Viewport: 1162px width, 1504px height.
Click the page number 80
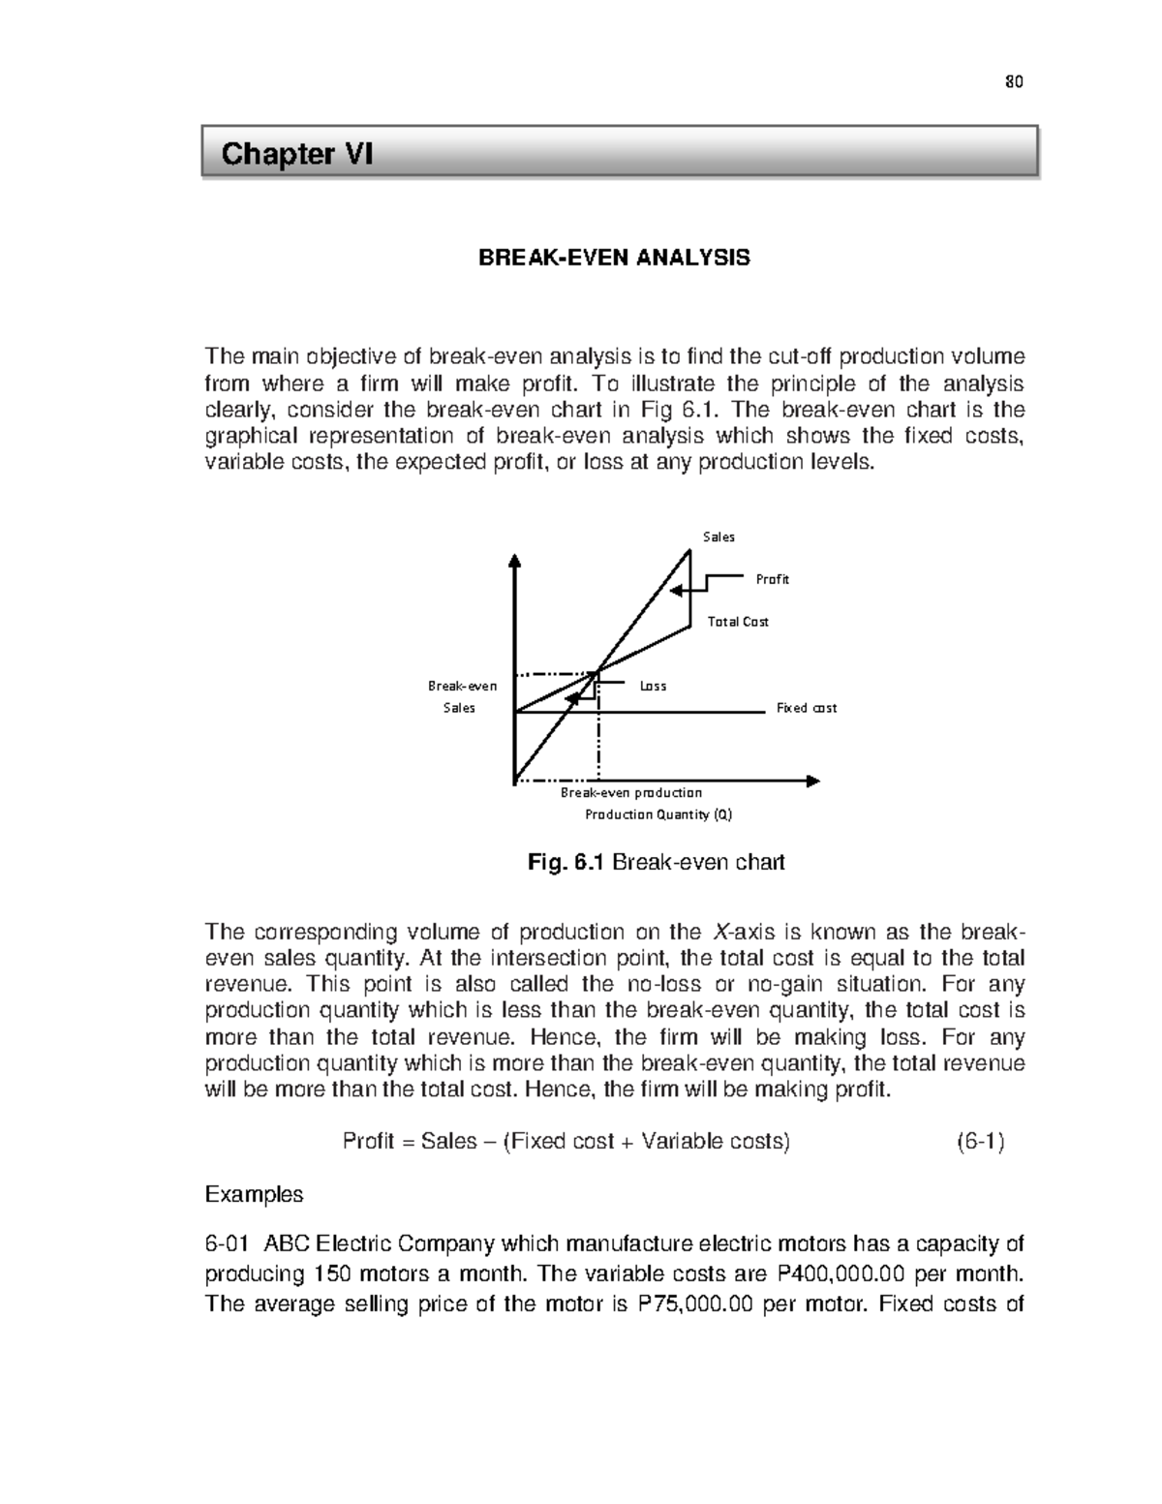pos(1014,82)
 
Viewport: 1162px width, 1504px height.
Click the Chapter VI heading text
pos(296,154)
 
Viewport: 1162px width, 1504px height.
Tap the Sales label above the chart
pos(719,537)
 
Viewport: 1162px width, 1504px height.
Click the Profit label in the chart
pos(772,579)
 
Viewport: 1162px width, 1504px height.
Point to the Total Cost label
pos(738,622)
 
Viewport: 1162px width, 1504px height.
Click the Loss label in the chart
pos(653,686)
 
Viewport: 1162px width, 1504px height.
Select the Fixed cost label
pos(806,708)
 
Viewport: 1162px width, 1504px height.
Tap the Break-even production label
pos(631,792)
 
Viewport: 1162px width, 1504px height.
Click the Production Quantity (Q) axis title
pos(658,814)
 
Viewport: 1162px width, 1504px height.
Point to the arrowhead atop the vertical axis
pos(515,560)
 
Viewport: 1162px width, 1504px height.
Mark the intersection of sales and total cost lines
pos(597,671)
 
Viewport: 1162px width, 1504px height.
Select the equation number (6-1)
pos(980,1141)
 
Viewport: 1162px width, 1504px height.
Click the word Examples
pos(254,1194)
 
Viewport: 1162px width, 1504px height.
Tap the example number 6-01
pos(228,1243)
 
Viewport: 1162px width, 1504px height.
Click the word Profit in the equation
pos(367,1141)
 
